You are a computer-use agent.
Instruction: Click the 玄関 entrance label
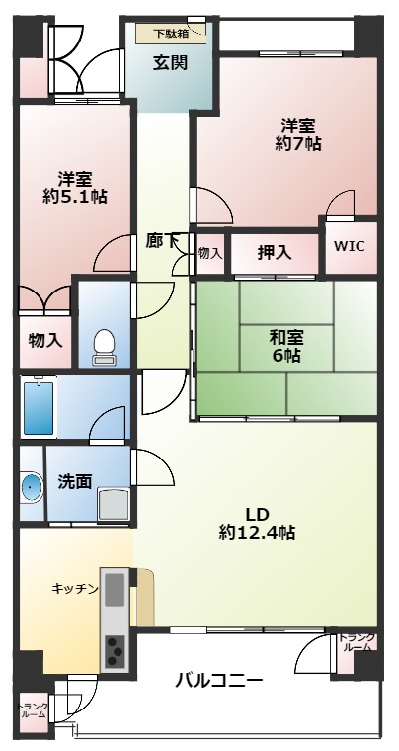click(x=170, y=62)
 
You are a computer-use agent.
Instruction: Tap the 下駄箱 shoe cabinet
click(x=171, y=34)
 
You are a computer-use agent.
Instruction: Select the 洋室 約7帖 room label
click(x=297, y=135)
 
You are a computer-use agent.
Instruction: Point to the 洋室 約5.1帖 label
click(x=75, y=188)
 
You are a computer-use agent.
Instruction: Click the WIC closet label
click(x=350, y=246)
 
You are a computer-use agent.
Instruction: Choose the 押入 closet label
click(x=275, y=252)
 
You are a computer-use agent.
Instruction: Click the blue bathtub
click(x=39, y=406)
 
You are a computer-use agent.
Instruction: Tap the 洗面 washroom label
click(x=75, y=481)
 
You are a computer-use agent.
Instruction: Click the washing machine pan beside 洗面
click(x=114, y=504)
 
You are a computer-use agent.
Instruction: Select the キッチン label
click(x=75, y=589)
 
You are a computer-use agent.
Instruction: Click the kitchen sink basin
click(x=115, y=590)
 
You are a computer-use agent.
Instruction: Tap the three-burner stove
click(x=115, y=651)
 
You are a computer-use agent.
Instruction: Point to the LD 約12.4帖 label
click(x=257, y=524)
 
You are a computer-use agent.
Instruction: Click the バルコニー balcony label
click(x=218, y=680)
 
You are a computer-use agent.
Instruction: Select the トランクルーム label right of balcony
click(x=357, y=643)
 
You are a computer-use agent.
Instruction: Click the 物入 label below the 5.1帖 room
click(x=45, y=341)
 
